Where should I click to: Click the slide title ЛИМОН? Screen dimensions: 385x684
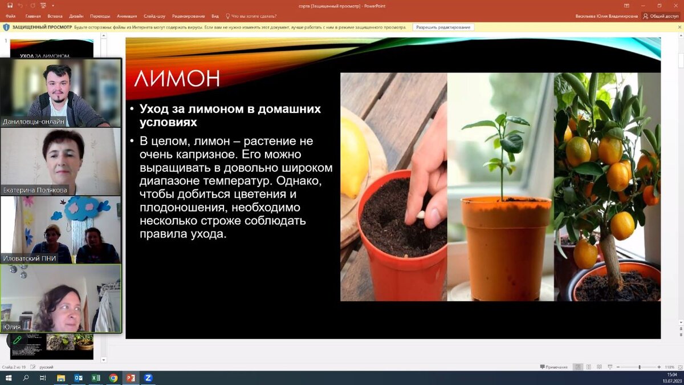tap(177, 79)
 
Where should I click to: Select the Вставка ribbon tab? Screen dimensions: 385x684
tap(55, 16)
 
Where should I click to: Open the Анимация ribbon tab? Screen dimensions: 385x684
tap(127, 16)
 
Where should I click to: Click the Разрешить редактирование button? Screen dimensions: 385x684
tap(443, 27)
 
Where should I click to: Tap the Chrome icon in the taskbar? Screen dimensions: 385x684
tap(113, 378)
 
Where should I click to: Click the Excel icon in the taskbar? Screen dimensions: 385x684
tap(96, 378)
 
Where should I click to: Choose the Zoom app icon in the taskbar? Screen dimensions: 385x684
tap(148, 378)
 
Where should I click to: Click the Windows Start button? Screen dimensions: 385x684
tap(9, 378)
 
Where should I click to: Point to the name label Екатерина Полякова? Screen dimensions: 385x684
tap(35, 190)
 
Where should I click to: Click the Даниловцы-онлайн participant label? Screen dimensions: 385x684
tap(33, 121)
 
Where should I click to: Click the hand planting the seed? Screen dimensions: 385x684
tap(430, 171)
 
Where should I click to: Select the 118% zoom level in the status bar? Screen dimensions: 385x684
tap(669, 367)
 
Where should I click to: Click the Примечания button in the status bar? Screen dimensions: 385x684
tap(553, 367)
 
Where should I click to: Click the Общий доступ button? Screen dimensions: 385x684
tap(661, 16)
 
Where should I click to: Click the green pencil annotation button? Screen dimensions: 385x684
tap(17, 341)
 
